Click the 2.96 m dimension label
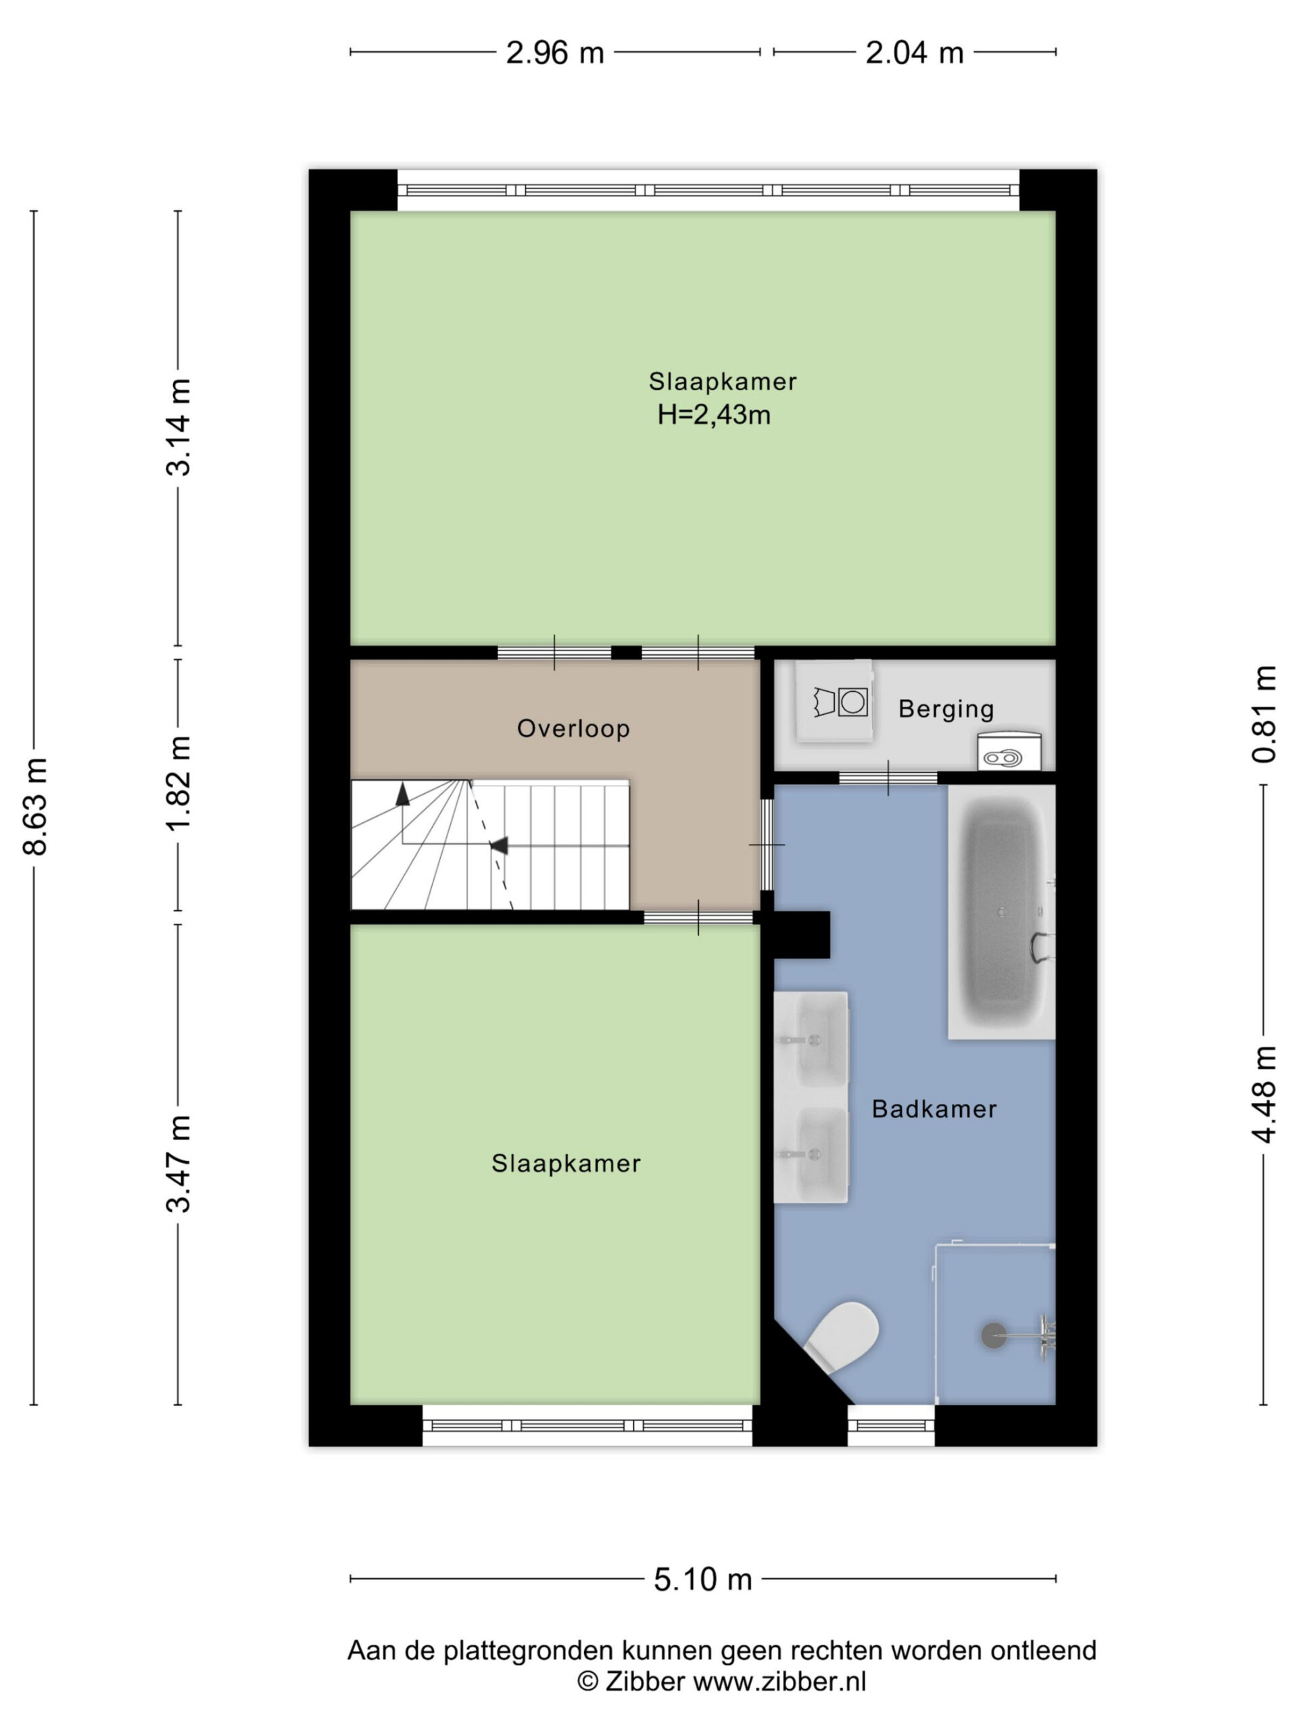pos(555,53)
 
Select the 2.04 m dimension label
pos(914,53)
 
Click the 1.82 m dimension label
pos(179,784)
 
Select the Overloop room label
pos(573,728)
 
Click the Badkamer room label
pos(934,1109)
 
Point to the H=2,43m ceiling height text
pos(713,414)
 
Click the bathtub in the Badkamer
pos(1001,911)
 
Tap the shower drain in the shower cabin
pos(994,1335)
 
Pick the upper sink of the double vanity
pos(811,1040)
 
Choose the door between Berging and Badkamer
pos(888,778)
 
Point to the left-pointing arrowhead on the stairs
pos(498,845)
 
